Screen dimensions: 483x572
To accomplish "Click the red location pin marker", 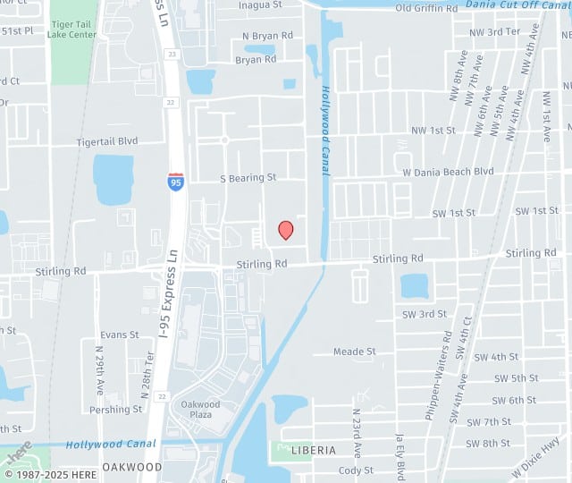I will pos(286,230).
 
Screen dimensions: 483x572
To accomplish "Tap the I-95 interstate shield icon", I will pos(176,182).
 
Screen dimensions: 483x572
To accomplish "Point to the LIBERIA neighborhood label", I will pos(313,450).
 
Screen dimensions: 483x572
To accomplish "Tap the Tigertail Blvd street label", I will pos(107,141).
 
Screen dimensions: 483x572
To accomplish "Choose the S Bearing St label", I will pos(248,178).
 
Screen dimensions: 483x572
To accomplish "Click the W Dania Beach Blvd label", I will pos(448,171).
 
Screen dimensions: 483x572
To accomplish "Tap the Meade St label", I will pos(354,352).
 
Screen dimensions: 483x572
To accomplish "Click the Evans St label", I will pos(120,335).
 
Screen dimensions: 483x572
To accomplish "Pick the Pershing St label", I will pos(117,410).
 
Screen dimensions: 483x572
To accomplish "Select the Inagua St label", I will pos(261,5).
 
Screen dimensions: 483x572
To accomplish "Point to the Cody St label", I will pos(356,470).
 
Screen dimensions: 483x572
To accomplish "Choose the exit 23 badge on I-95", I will pos(172,55).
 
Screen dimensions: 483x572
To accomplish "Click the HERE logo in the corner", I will pos(19,452).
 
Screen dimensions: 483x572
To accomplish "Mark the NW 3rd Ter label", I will pos(494,31).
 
